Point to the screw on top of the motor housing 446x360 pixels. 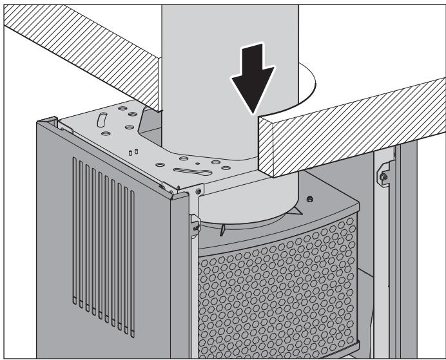310,199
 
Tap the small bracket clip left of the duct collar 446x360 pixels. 193,222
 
